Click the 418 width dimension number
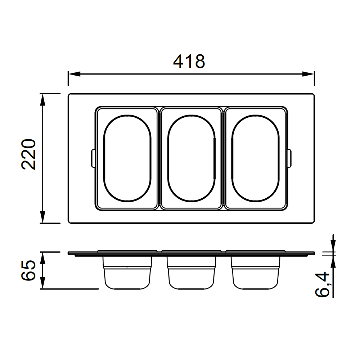(x=189, y=62)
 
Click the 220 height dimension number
(x=29, y=154)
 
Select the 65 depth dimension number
(x=29, y=270)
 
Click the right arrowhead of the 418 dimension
(x=308, y=74)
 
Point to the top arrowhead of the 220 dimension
(x=42, y=100)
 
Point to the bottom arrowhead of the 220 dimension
(x=42, y=217)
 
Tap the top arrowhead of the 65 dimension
(x=42, y=258)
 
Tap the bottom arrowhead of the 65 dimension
(x=42, y=283)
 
